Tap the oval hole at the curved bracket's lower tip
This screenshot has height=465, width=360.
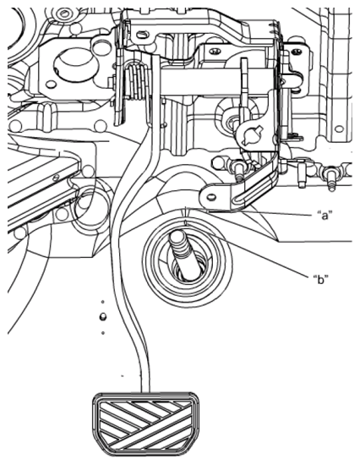click(206, 198)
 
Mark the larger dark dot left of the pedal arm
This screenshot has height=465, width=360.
click(102, 317)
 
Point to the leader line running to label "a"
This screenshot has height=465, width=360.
click(270, 211)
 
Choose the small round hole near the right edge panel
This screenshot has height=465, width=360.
click(338, 129)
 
